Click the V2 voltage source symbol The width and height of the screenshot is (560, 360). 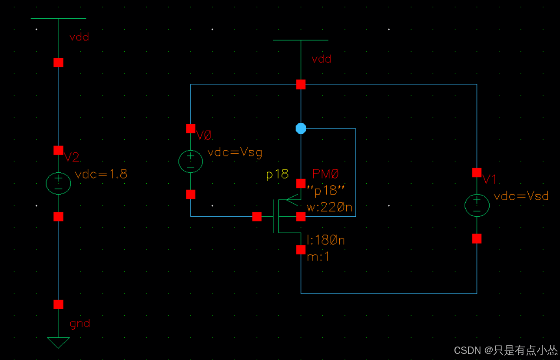(x=58, y=183)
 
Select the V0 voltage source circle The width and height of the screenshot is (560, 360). (x=190, y=161)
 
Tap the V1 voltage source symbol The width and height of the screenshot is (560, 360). (x=477, y=205)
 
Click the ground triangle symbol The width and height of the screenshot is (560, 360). (x=58, y=342)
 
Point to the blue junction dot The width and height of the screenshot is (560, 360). (x=301, y=129)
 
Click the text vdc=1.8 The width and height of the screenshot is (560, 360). (x=101, y=175)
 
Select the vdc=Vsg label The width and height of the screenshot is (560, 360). (x=235, y=152)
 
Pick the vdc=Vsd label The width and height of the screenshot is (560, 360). (x=521, y=196)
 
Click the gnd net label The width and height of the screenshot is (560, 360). (x=80, y=324)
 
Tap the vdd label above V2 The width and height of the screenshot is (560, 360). (x=79, y=37)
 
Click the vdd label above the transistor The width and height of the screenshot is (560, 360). (x=321, y=59)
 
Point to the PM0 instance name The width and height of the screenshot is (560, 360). (x=325, y=174)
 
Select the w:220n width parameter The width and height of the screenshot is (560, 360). (x=329, y=208)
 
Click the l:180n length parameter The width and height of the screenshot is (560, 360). (x=325, y=240)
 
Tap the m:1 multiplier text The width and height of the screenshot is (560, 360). (x=318, y=257)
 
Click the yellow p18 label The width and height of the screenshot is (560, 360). (x=277, y=174)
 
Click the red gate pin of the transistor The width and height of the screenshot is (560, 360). (x=257, y=216)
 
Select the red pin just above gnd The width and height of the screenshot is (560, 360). (x=58, y=304)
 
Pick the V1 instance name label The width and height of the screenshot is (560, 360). (x=490, y=179)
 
